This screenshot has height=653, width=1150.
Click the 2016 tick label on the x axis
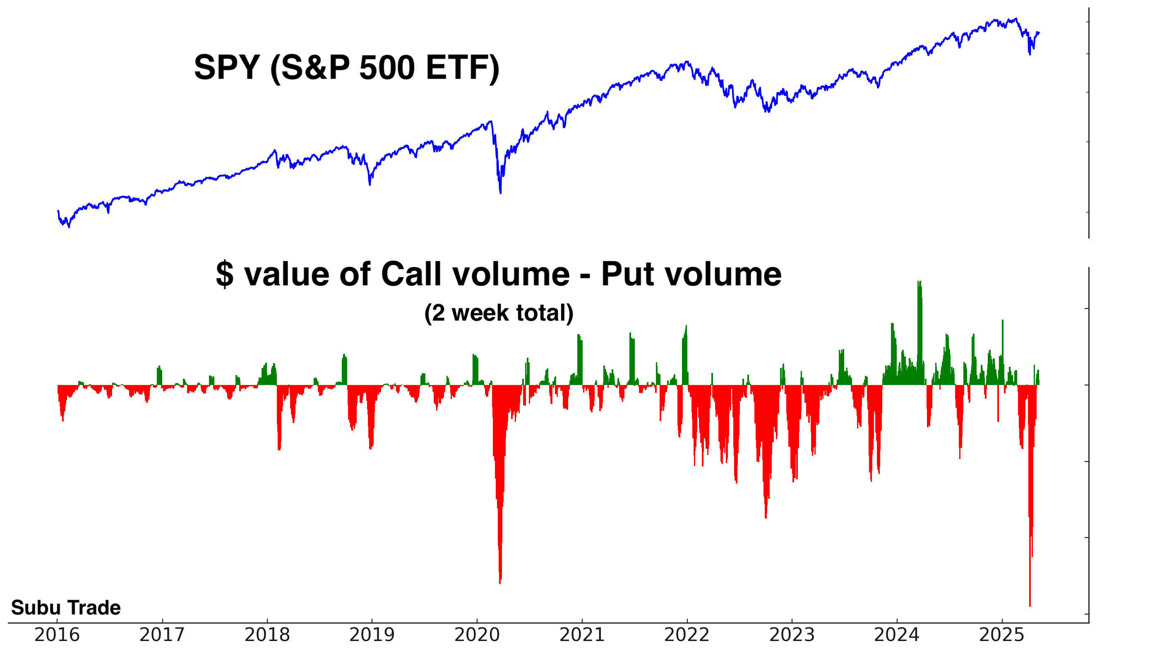[x=57, y=635]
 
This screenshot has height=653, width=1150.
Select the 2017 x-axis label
[x=162, y=635]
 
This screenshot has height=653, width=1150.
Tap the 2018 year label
[x=267, y=635]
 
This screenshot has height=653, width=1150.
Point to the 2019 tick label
[x=372, y=635]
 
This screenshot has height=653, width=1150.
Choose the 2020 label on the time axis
[x=477, y=635]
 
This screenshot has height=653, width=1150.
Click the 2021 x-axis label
[x=582, y=635]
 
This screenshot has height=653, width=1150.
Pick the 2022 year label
[x=687, y=635]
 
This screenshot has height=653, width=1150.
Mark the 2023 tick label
[x=792, y=635]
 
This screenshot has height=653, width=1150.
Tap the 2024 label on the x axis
[x=896, y=635]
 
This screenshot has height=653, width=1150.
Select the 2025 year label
[x=1001, y=635]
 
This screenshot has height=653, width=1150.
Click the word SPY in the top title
[x=227, y=68]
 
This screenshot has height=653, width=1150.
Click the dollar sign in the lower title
[x=224, y=274]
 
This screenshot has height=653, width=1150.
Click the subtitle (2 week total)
[x=499, y=313]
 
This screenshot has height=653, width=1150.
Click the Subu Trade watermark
[x=66, y=608]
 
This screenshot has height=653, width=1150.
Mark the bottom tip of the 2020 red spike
[x=500, y=582]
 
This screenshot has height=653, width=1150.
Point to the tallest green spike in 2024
[x=920, y=282]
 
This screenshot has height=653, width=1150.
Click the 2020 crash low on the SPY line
[x=500, y=192]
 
